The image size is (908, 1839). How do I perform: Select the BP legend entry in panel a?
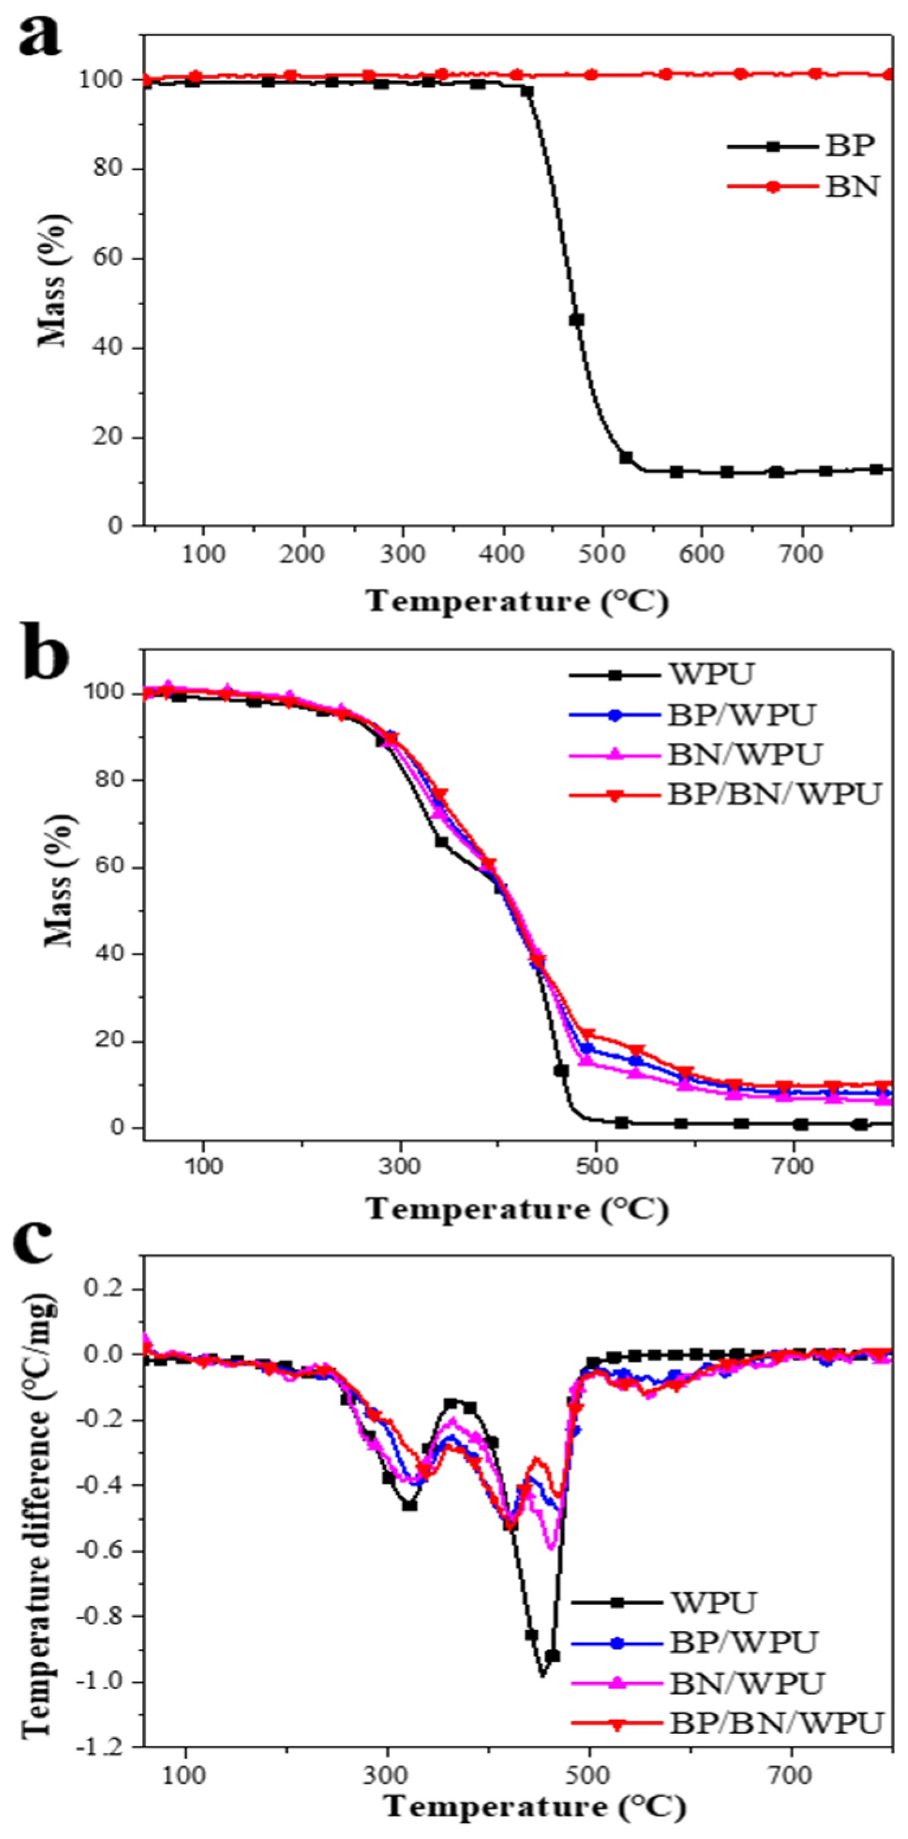tap(850, 146)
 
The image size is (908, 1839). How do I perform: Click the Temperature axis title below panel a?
tap(518, 602)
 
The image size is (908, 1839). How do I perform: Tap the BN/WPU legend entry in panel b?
tap(745, 754)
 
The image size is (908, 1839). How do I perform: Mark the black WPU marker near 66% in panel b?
tap(442, 842)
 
